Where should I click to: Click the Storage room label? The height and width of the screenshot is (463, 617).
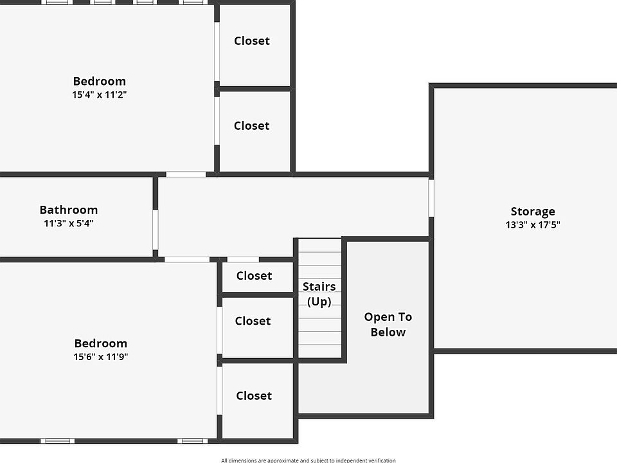tap(533, 212)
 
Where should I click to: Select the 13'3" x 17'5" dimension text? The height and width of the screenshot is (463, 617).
tap(533, 225)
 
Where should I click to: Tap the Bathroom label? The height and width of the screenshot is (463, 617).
tap(69, 210)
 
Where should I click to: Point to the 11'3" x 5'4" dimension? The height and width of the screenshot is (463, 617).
tap(69, 223)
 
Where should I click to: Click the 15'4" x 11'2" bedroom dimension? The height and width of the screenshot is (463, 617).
tap(99, 95)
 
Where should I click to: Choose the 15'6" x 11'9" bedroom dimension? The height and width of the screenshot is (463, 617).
tap(101, 357)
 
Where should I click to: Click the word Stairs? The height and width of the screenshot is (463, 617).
tap(319, 286)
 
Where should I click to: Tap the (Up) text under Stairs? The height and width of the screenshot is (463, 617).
tap(319, 302)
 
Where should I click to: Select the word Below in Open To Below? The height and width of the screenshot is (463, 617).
tap(388, 332)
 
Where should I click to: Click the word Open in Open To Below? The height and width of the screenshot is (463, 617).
tap(377, 317)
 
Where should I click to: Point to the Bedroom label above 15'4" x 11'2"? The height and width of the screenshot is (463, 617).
tap(99, 81)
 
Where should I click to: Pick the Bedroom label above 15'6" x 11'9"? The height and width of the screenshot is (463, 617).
tap(101, 343)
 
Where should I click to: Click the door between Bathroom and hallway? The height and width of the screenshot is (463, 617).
tap(156, 230)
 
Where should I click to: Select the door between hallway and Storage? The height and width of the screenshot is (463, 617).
tap(431, 198)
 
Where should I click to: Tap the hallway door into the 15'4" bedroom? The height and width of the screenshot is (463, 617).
tap(186, 174)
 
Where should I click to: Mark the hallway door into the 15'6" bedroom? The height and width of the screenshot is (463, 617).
tap(187, 259)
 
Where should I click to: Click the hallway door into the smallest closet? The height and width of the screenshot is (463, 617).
tap(243, 259)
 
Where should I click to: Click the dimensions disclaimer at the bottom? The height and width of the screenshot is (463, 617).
tap(308, 460)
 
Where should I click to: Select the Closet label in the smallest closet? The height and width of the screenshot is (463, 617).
tap(255, 276)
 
